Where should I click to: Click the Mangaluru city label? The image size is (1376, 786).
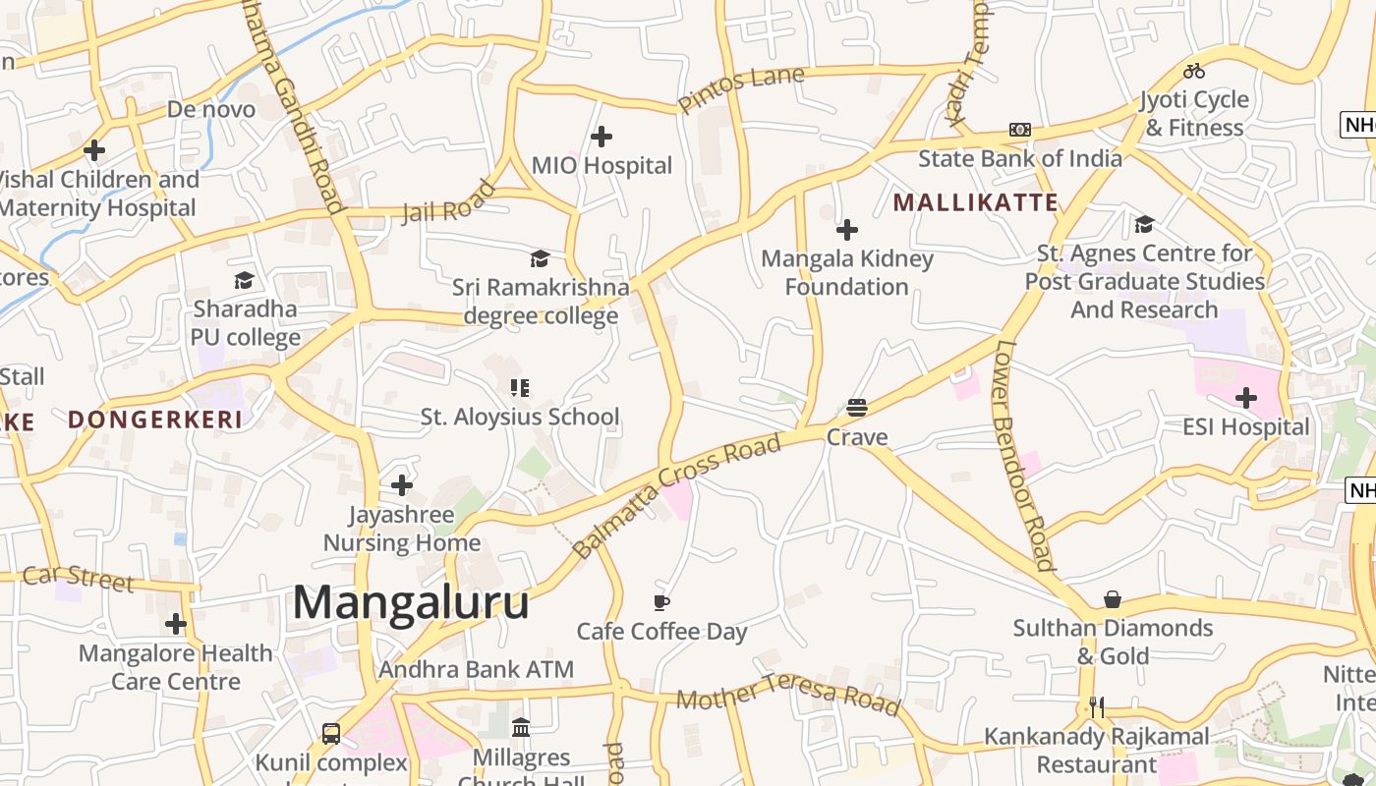click(411, 602)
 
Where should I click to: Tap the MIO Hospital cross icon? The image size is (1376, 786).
click(602, 137)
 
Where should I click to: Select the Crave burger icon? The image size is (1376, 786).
click(857, 408)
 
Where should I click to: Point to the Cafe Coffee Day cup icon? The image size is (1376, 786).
click(661, 601)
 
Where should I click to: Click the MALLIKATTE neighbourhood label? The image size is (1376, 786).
click(975, 203)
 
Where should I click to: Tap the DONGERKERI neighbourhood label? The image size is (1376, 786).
click(155, 421)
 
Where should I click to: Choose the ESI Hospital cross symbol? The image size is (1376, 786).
click(1246, 398)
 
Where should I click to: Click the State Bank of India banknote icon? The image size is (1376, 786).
click(1020, 130)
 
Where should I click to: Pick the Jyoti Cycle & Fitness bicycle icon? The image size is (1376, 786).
click(1194, 71)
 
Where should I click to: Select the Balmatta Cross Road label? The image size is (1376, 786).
click(677, 496)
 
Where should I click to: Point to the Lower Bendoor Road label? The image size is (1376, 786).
click(1025, 455)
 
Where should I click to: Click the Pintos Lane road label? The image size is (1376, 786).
click(741, 88)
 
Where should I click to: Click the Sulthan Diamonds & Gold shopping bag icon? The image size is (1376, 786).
click(1113, 599)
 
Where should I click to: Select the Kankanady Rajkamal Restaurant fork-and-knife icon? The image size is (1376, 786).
click(1097, 707)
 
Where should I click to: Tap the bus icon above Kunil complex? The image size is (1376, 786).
click(331, 733)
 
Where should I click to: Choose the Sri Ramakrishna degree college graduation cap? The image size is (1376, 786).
click(540, 258)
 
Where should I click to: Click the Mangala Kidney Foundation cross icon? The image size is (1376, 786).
click(847, 230)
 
